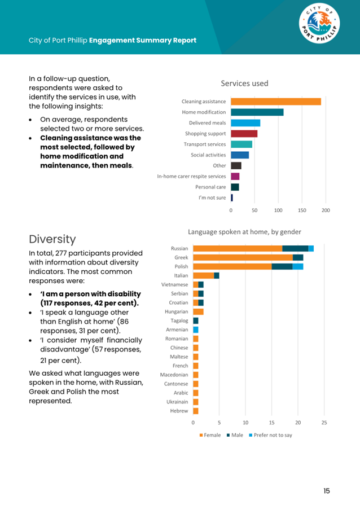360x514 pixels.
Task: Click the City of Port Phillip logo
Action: pyautogui.click(x=319, y=23)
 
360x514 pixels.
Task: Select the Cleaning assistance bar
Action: pyautogui.click(x=276, y=102)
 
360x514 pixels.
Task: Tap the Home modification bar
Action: pyautogui.click(x=257, y=112)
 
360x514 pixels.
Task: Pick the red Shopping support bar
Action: pyautogui.click(x=244, y=133)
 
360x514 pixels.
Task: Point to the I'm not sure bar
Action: pyautogui.click(x=232, y=197)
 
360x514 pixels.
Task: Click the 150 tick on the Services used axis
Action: pyautogui.click(x=302, y=210)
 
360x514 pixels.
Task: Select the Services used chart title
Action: pyautogui.click(x=244, y=84)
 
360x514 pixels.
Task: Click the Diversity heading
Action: pyautogui.click(x=52, y=239)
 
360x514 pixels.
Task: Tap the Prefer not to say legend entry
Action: pyautogui.click(x=270, y=435)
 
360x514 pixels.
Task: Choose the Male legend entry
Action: pyautogui.click(x=235, y=435)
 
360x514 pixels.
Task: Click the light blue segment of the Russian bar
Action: pyautogui.click(x=311, y=248)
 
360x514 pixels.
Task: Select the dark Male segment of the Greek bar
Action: pyautogui.click(x=298, y=257)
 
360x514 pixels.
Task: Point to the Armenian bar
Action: pyautogui.click(x=195, y=330)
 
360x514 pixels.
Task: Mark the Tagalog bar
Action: pyautogui.click(x=195, y=320)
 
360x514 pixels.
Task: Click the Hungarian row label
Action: pyautogui.click(x=177, y=312)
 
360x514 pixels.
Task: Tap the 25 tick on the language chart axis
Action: pyautogui.click(x=324, y=423)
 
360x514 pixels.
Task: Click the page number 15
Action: pyautogui.click(x=327, y=491)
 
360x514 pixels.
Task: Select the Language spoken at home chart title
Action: pyautogui.click(x=244, y=232)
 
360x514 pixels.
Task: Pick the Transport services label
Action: pyautogui.click(x=205, y=144)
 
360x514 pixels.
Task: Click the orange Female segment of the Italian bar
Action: pyautogui.click(x=203, y=275)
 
